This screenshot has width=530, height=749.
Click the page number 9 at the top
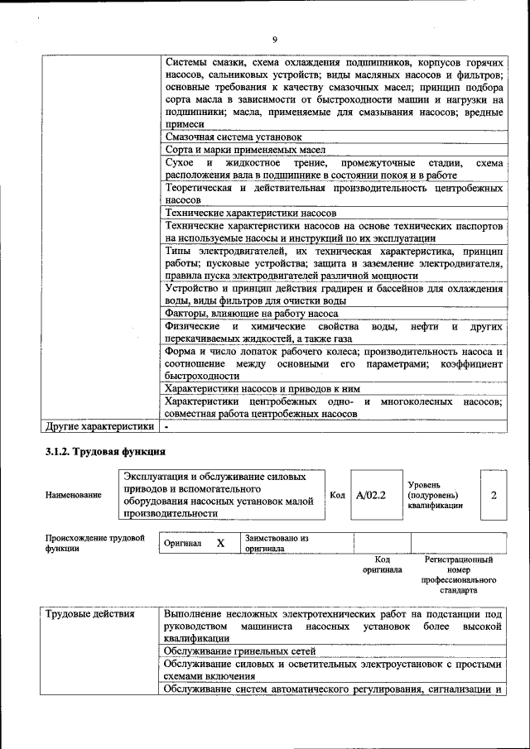click(x=274, y=41)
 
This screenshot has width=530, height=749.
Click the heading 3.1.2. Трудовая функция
click(x=105, y=452)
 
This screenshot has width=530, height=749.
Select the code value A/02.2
click(x=371, y=495)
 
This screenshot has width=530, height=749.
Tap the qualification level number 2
click(x=494, y=495)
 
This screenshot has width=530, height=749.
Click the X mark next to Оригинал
click(x=220, y=544)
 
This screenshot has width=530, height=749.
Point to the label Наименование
click(x=74, y=495)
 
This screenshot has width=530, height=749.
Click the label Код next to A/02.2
click(x=337, y=495)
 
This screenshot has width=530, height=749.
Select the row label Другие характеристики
click(x=99, y=427)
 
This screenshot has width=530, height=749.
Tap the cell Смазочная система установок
click(x=234, y=137)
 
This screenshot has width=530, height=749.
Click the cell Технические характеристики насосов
click(x=250, y=213)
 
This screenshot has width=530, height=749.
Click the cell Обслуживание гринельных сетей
click(x=239, y=651)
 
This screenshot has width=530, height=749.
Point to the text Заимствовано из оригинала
click(x=276, y=543)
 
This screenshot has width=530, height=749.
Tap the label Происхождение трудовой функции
click(x=94, y=543)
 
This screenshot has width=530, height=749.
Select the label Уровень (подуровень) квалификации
click(x=435, y=495)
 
